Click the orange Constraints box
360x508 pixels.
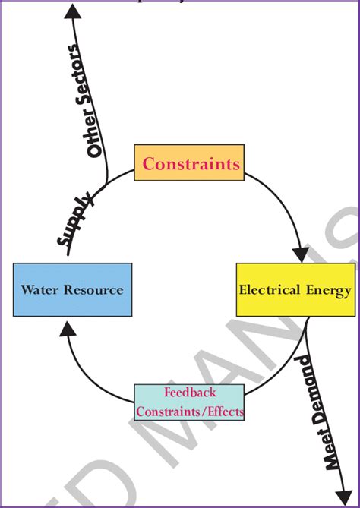pos(189,162)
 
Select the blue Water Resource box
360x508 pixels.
pos(72,289)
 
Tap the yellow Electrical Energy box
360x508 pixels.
pos(295,289)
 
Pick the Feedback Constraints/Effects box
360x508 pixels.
pos(189,402)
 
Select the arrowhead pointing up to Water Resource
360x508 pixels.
pos(68,326)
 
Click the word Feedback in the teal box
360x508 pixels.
pos(189,393)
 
